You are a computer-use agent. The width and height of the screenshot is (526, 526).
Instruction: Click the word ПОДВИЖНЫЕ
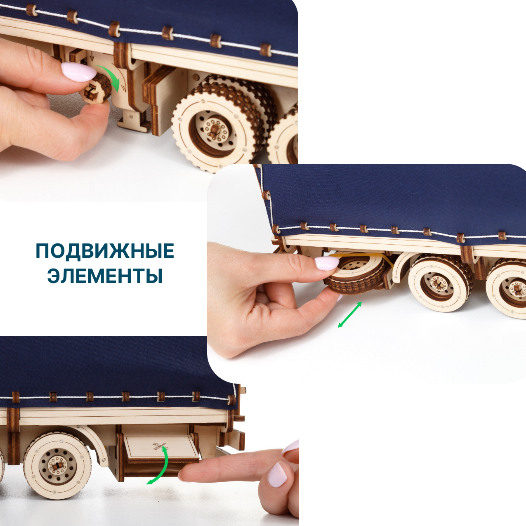pos(105,251)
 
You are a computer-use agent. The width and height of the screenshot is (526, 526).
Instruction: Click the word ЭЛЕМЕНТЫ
pos(105,276)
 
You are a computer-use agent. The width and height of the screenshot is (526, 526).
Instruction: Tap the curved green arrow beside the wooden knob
pos(111,77)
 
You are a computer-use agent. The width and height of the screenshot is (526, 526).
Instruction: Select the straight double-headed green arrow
pos(350,314)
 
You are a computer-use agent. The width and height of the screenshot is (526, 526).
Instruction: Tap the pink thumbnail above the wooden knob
pos(78,72)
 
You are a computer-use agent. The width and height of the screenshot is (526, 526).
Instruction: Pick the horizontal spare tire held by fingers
pos(355,274)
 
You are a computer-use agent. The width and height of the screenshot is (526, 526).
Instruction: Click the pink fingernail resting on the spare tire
pos(327,263)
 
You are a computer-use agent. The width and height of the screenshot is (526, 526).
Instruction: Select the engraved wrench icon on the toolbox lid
pos(160,446)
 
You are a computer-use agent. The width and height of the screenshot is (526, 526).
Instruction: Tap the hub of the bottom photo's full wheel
pos(57,465)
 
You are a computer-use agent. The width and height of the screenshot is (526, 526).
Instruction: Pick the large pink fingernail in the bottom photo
pos(278,474)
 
